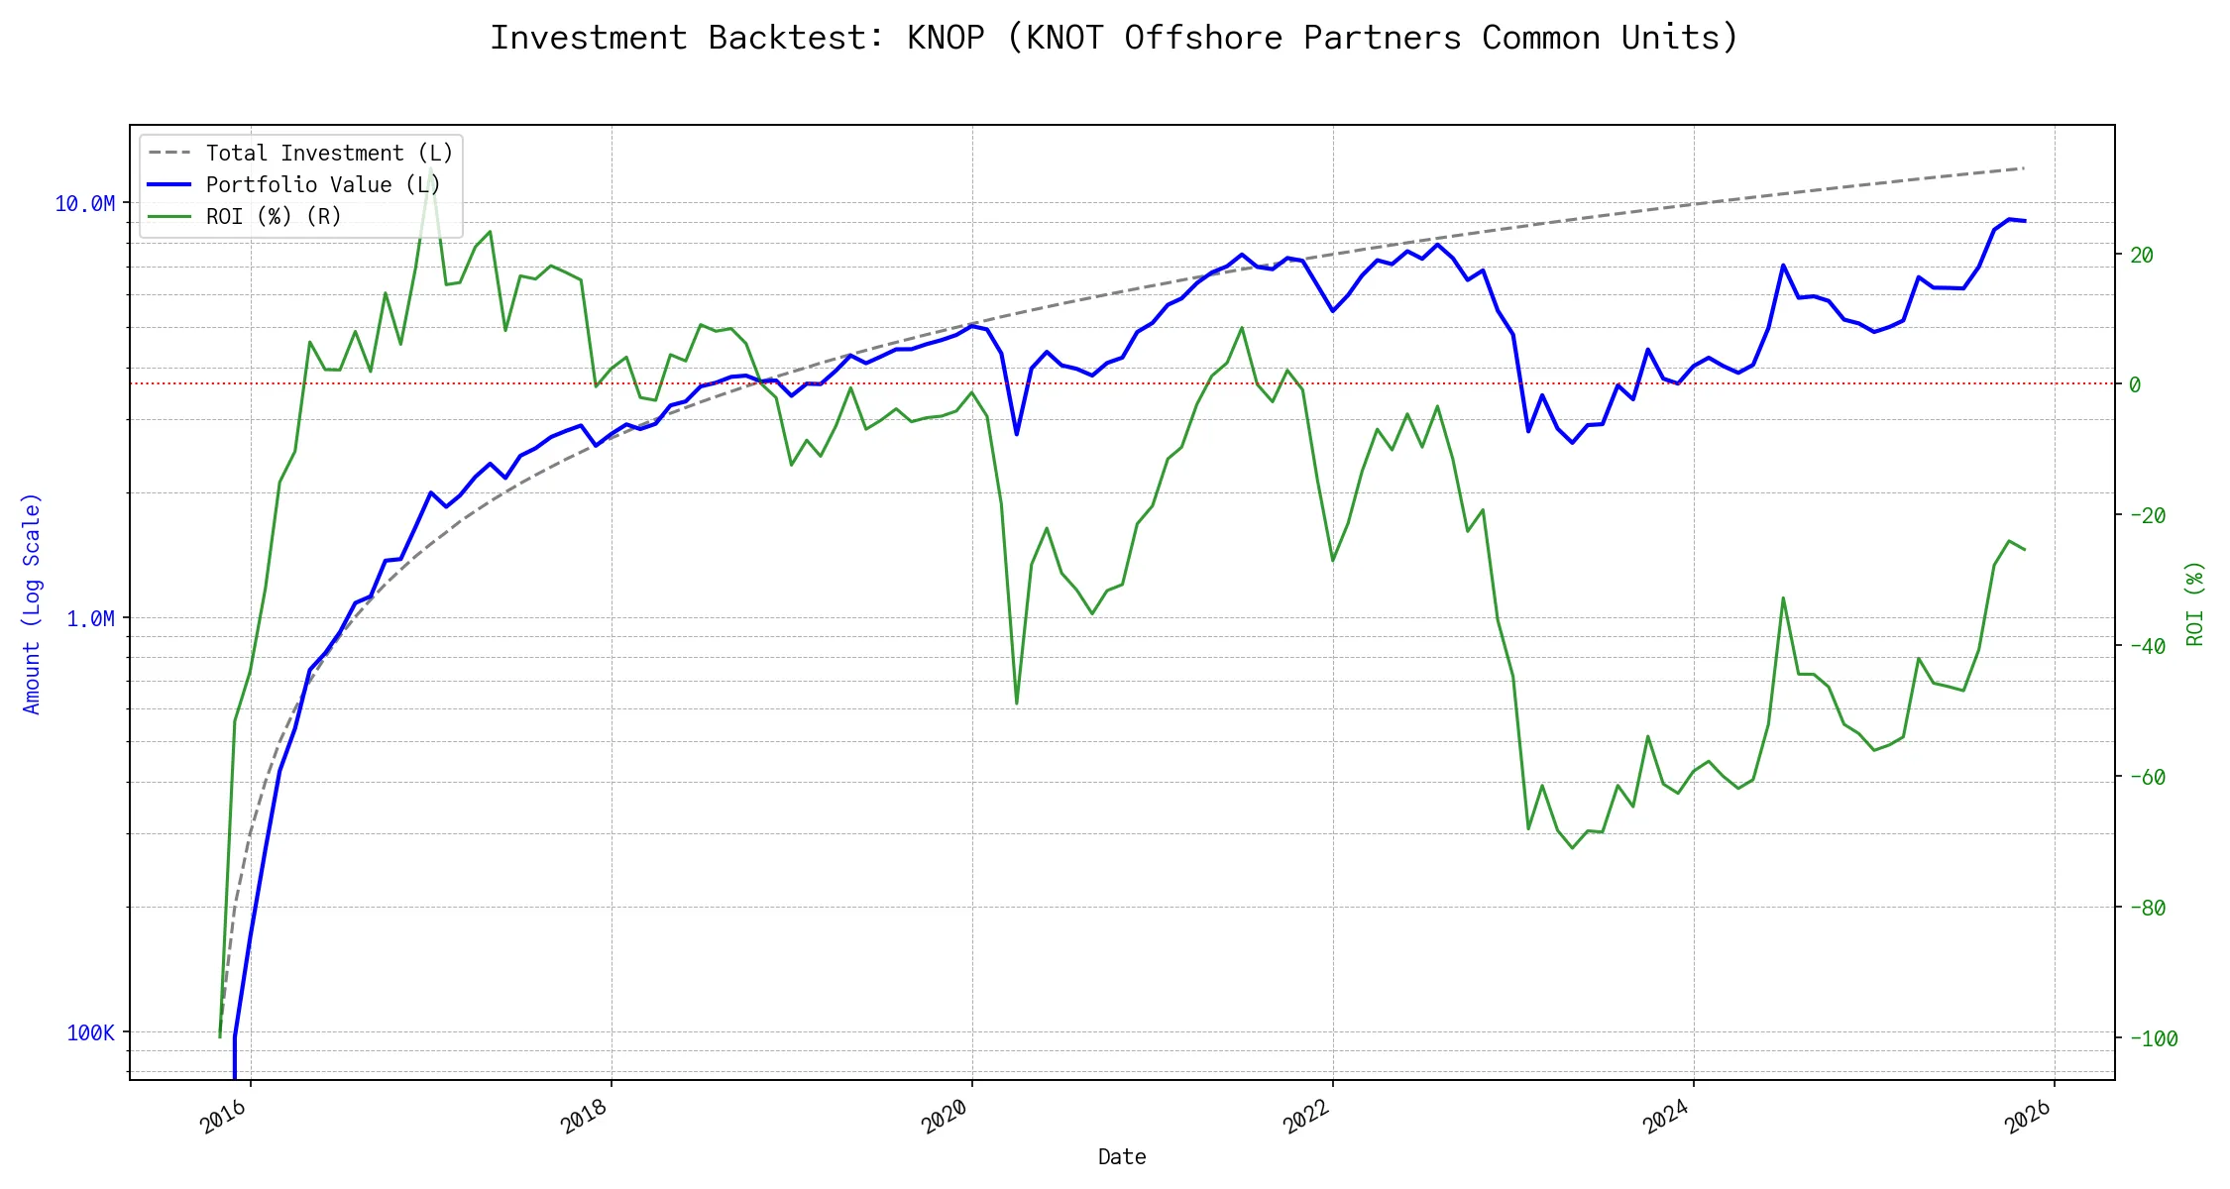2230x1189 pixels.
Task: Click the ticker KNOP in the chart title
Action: pos(946,38)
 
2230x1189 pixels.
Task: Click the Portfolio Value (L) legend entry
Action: pos(323,185)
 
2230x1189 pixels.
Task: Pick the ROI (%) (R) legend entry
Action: pos(274,217)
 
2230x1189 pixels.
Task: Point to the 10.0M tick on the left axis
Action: pos(84,204)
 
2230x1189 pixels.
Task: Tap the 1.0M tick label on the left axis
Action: pos(90,619)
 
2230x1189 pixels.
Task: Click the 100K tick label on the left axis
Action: pos(90,1033)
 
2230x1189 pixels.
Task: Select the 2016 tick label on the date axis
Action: pos(223,1118)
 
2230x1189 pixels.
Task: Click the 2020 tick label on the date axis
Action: pos(945,1118)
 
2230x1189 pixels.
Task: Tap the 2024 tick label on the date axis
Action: pos(1666,1118)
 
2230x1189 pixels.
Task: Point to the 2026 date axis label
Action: pos(2027,1118)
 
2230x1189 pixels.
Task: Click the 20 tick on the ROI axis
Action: pos(2142,256)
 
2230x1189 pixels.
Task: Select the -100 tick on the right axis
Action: pos(2153,1039)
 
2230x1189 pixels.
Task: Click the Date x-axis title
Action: pos(1122,1157)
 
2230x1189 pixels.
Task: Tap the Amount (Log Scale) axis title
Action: pos(32,603)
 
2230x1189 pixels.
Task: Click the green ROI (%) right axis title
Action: pos(2195,603)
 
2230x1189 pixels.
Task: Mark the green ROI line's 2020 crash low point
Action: pos(1017,703)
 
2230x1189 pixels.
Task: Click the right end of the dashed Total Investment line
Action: pos(2023,168)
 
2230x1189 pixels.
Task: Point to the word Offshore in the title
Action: pos(1203,38)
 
